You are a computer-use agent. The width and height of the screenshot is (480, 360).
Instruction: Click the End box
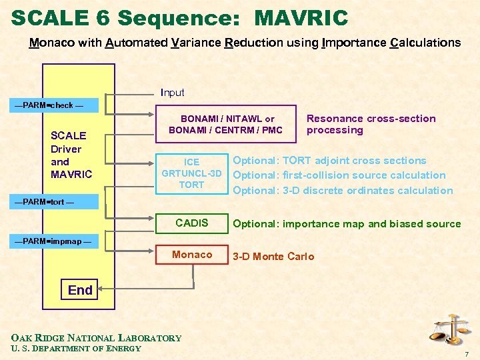80,290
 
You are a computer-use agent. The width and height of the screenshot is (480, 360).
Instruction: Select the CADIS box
191,223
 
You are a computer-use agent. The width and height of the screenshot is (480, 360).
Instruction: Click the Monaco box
191,255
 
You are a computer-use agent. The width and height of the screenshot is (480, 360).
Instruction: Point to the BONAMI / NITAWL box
226,124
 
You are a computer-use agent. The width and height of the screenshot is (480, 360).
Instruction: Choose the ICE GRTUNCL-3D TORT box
191,173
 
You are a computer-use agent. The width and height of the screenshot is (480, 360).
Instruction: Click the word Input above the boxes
172,93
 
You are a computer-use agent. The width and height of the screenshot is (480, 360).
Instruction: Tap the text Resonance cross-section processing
371,124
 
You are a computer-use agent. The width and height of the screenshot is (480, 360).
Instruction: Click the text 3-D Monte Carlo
273,257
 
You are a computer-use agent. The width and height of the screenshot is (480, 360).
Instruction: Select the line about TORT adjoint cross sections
329,161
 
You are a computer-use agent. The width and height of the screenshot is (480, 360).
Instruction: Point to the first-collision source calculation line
339,175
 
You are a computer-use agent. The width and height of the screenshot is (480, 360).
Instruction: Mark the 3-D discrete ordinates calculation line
343,191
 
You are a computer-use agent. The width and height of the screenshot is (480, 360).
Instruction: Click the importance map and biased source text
347,224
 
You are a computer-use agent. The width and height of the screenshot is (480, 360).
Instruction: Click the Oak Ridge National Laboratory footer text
96,338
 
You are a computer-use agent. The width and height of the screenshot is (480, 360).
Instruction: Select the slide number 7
467,353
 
